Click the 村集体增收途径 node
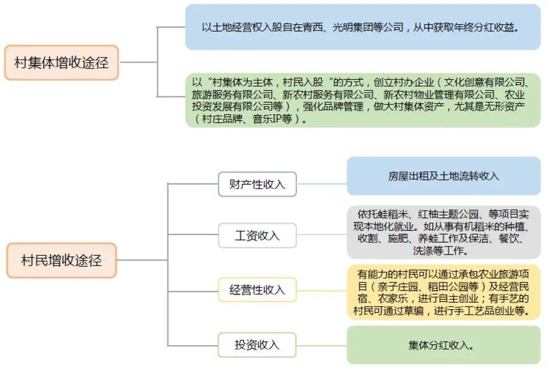tap(61, 62)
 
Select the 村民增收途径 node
tap(61, 260)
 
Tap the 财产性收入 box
tap(257, 184)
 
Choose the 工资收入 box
tap(257, 236)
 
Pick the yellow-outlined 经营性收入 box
tap(257, 290)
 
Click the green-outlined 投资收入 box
tap(257, 345)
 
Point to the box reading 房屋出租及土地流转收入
tap(443, 176)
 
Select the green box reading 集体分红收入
tap(443, 345)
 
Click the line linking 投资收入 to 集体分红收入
tap(322, 345)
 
